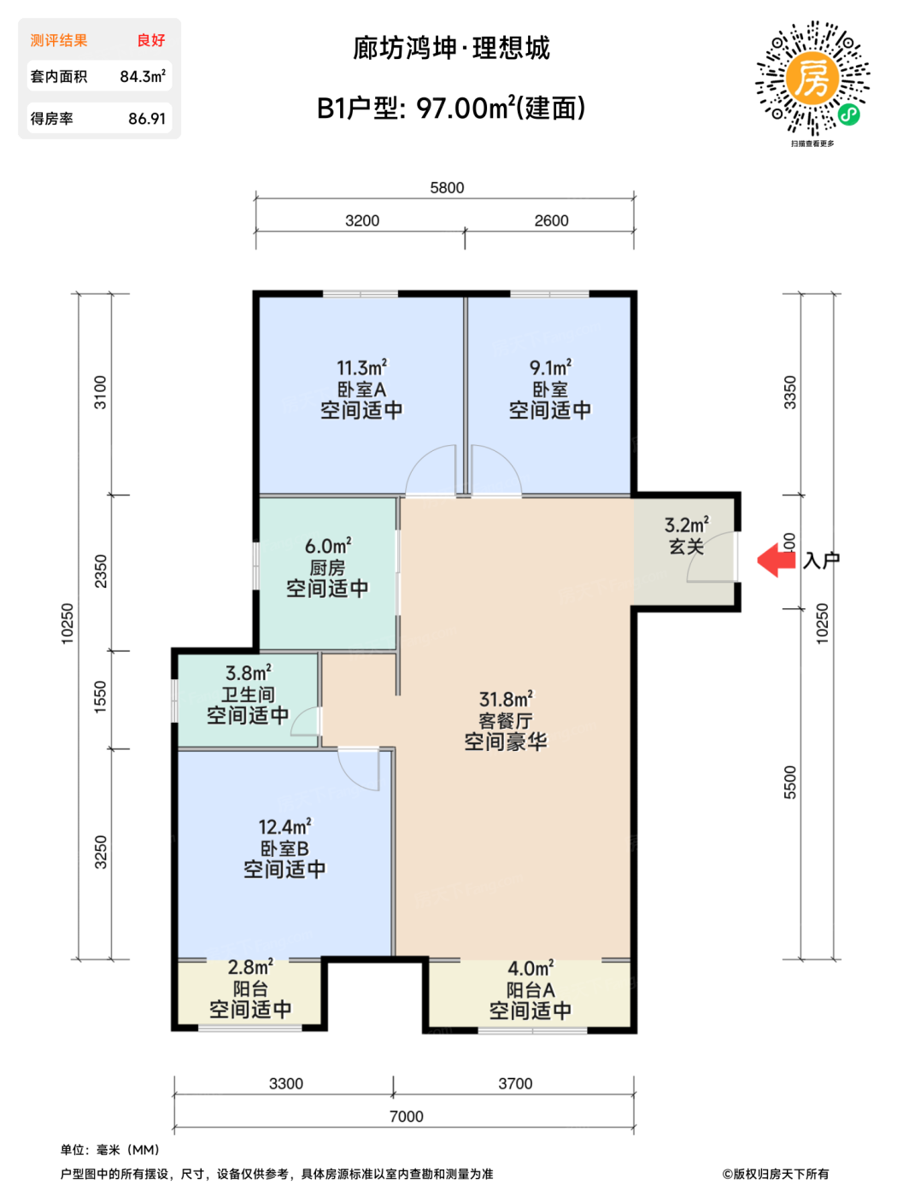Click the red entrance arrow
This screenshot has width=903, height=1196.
coord(775,560)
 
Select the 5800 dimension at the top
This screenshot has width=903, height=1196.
coord(447,188)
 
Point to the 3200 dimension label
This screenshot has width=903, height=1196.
coord(361,220)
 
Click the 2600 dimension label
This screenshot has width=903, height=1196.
coord(551,220)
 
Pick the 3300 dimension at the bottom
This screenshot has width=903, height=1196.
coord(286,1083)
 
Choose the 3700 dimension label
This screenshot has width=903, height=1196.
coord(515,1083)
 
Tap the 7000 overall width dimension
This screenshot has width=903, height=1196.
coord(407,1117)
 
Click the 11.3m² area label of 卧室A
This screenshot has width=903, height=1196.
coord(361,367)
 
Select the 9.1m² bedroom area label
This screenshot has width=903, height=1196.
coord(551,367)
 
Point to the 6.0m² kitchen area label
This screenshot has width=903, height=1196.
coord(328,545)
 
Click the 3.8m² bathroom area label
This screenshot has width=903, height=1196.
coord(249,672)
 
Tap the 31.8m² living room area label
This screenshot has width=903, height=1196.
coord(507,699)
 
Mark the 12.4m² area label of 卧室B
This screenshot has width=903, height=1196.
coord(284,827)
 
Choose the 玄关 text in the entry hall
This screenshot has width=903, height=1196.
coord(686,546)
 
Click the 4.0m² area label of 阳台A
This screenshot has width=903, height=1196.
coord(531,968)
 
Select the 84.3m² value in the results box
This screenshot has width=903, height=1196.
coord(143,76)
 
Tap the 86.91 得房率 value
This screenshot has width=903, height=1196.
coord(146,118)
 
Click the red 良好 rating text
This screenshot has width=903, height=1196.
coord(151,40)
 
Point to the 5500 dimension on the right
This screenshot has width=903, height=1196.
coord(789,782)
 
